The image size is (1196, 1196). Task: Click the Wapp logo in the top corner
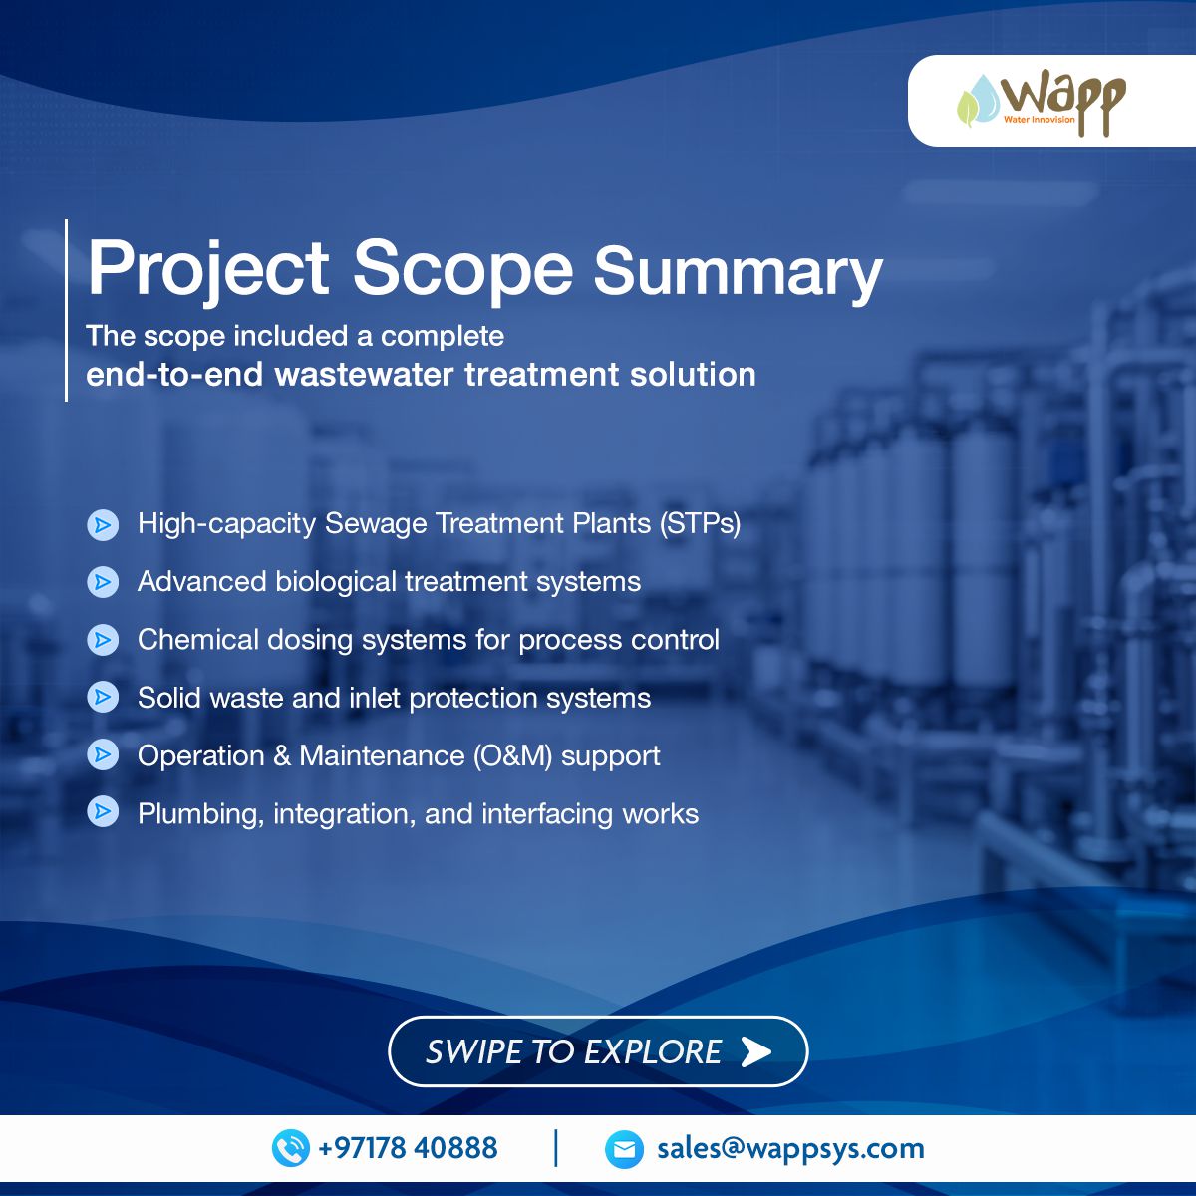[x=1042, y=102]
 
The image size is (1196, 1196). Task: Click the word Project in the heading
[x=208, y=269]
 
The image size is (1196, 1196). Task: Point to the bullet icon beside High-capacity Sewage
[x=103, y=525]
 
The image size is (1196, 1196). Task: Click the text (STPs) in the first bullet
[x=700, y=524]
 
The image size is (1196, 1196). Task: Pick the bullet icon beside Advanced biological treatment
[x=103, y=582]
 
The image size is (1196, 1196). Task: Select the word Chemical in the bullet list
[x=198, y=639]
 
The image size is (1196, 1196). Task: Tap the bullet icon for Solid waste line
[x=103, y=697]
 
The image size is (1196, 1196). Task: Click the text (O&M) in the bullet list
[x=512, y=755]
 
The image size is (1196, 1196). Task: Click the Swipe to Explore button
[x=598, y=1051]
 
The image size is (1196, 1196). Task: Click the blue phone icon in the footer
[x=290, y=1148]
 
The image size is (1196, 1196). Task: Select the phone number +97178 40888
[x=408, y=1148]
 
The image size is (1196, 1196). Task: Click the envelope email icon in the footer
[x=624, y=1149]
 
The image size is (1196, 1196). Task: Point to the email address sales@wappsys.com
[x=790, y=1149]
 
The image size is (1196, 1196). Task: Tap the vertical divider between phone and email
[x=555, y=1148]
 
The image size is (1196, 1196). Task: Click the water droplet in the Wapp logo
[x=986, y=98]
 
